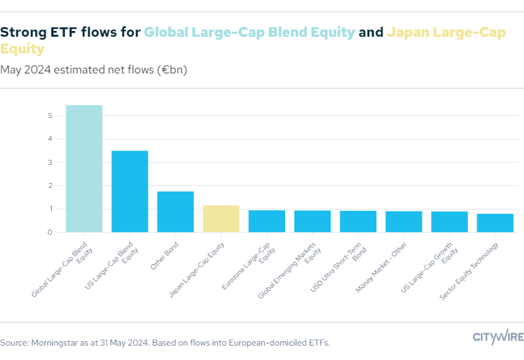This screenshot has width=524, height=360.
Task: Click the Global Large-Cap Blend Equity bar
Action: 84,168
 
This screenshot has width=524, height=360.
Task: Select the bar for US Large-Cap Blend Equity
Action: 130,191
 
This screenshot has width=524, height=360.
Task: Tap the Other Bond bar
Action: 176,212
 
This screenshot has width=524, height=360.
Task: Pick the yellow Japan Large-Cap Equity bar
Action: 221,219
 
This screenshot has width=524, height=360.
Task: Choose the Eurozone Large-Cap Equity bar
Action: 267,221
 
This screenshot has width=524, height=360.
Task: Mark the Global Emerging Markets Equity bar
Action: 312,221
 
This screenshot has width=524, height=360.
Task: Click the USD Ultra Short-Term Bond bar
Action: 358,221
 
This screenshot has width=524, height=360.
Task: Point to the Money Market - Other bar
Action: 404,222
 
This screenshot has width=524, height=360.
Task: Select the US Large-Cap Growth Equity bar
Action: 450,222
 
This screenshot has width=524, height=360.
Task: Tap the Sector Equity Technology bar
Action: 495,223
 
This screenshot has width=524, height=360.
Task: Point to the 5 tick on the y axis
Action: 50,115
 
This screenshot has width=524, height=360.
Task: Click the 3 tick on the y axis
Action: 50,162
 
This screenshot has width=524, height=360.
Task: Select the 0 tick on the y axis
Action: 50,233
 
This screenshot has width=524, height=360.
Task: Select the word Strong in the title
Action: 24,32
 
